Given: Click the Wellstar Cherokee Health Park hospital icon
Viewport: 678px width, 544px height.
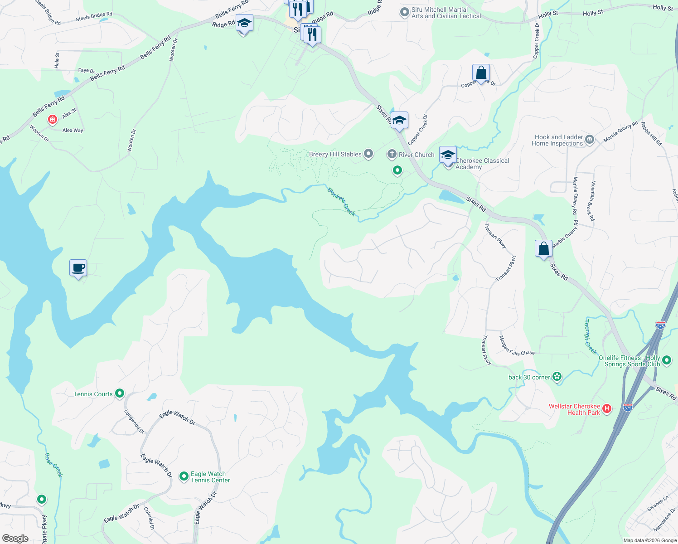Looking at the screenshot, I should tap(607, 409).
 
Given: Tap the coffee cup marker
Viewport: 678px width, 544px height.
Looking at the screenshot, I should tap(78, 268).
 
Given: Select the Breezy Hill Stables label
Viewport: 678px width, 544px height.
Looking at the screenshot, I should tap(335, 154).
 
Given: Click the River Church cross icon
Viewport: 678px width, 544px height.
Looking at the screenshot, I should tap(392, 154).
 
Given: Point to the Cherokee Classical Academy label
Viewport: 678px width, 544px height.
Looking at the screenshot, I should tap(482, 164).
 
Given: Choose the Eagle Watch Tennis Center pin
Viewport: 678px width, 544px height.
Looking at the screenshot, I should tap(184, 476).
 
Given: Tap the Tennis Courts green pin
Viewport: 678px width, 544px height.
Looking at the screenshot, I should tap(120, 393).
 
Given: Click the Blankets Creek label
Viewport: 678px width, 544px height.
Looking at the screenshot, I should tap(341, 202).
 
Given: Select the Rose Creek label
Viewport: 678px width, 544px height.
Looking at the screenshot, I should tap(53, 465).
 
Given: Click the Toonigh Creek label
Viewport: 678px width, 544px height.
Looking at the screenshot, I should tap(590, 336).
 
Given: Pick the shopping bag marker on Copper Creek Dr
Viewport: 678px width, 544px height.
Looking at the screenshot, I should tap(481, 73).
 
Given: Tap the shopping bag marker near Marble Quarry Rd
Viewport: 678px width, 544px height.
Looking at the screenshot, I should tap(543, 248).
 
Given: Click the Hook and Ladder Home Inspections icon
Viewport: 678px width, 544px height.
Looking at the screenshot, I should tap(590, 139).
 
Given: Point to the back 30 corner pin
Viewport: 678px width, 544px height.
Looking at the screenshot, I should tap(557, 377).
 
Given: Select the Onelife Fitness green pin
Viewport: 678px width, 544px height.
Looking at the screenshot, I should tap(666, 360).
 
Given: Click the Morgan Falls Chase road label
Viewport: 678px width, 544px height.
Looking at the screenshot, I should tap(517, 346).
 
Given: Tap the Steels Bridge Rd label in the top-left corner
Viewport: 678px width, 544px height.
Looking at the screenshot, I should tap(94, 17).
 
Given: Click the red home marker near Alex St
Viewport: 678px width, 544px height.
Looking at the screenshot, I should tap(53, 120).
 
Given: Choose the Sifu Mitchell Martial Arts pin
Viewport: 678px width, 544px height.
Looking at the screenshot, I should tap(404, 12).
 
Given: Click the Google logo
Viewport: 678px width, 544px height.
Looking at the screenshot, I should tap(15, 538).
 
